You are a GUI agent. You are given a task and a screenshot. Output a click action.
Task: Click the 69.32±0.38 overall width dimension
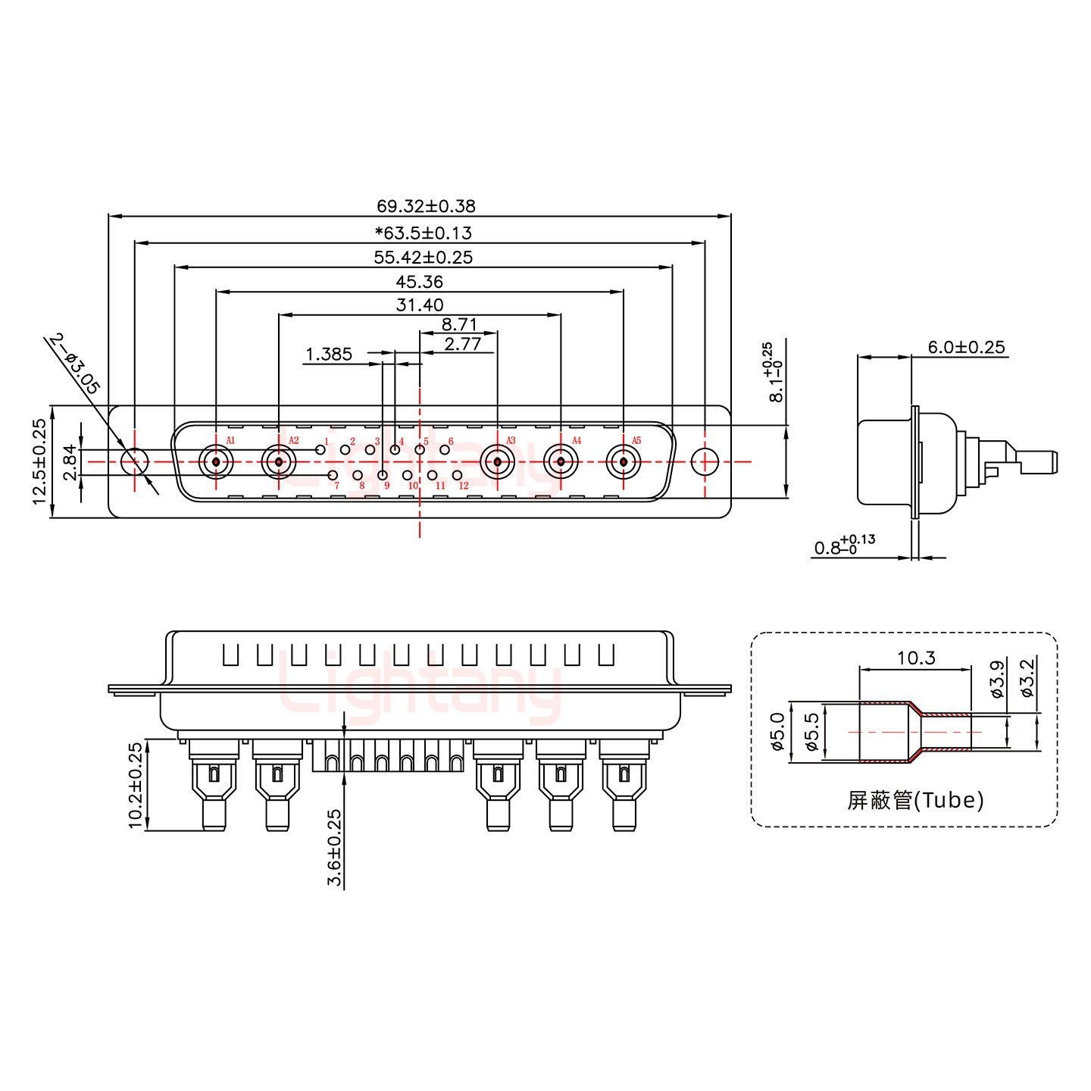(x=426, y=205)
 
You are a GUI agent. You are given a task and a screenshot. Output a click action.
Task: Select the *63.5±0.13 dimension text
(x=423, y=233)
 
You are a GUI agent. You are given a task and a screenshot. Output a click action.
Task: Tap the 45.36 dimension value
(x=419, y=282)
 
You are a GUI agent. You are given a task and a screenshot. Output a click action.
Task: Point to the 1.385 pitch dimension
(x=328, y=354)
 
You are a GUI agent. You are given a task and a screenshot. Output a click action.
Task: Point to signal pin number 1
(x=320, y=450)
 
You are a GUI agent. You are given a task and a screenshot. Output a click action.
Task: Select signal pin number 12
(x=457, y=475)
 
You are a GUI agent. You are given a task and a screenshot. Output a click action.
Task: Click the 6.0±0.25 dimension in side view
(x=966, y=347)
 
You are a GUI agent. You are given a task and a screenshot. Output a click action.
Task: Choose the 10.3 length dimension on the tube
(x=916, y=658)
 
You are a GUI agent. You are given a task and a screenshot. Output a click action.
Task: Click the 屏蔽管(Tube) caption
(x=915, y=800)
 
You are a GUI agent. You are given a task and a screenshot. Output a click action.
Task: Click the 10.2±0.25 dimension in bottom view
(x=136, y=786)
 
